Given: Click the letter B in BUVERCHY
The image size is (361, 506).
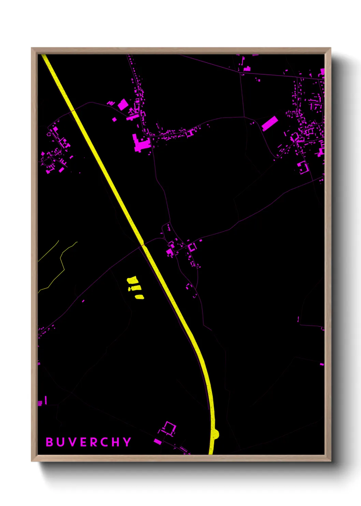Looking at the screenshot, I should tap(49, 442).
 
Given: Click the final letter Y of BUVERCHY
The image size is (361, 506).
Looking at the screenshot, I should tap(127, 442).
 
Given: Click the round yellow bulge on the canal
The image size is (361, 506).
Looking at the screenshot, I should tap(215, 434).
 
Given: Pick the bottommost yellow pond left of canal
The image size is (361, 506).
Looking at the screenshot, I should tap(140, 297).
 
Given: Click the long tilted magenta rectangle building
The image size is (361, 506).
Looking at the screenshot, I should tap(270, 123).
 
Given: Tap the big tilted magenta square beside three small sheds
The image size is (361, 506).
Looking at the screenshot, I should tap(123, 105).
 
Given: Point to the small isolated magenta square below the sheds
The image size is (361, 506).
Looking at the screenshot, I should tap(114, 119).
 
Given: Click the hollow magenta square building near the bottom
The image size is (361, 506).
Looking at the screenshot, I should tap(169, 428).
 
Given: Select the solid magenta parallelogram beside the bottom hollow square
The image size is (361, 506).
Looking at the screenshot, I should tap(158, 441).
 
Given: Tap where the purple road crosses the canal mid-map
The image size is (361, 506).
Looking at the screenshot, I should tap(143, 244).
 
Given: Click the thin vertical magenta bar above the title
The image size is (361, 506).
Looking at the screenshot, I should tap(46, 400).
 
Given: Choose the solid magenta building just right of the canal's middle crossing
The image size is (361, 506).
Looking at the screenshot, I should tap(169, 253).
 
